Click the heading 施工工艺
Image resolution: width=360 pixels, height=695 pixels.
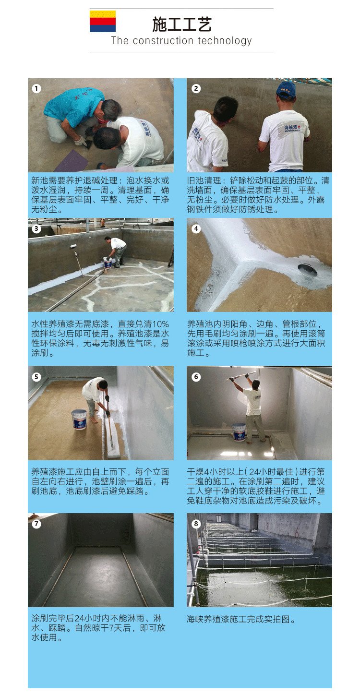[x=181, y=24]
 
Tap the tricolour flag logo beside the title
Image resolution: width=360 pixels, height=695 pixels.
[x=103, y=21]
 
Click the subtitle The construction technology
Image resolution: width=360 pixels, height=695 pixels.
[x=181, y=41]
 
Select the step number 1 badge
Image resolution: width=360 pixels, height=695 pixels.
[x=36, y=88]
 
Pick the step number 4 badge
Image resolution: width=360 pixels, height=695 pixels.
[x=196, y=228]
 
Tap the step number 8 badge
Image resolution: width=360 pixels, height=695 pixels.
[x=196, y=524]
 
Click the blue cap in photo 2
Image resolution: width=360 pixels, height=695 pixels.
[x=286, y=89]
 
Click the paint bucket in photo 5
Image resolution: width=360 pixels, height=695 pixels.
[x=79, y=419]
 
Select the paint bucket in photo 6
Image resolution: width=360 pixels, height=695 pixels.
[x=239, y=432]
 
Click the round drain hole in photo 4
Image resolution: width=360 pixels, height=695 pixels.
[x=308, y=271]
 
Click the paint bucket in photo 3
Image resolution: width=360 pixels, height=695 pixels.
[x=108, y=262]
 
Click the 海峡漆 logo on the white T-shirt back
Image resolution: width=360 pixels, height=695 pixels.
[x=291, y=128]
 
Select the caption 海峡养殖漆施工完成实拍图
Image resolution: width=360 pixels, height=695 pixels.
[x=241, y=619]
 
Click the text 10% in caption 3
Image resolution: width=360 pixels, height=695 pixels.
[x=160, y=324]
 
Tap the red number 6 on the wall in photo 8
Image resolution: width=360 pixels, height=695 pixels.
[x=296, y=533]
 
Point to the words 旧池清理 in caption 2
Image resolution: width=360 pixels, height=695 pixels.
[x=204, y=180]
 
